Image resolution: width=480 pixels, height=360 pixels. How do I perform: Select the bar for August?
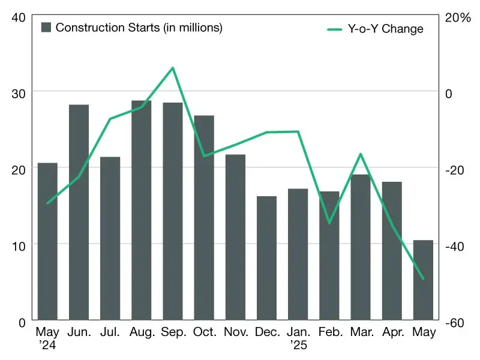click(x=141, y=210)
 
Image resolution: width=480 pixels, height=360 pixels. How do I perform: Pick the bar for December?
click(x=266, y=258)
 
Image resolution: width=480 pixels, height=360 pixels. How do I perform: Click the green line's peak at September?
click(x=173, y=68)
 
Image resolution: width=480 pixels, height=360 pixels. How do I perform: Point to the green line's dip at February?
click(x=329, y=223)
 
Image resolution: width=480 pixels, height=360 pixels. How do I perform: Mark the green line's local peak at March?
click(x=361, y=154)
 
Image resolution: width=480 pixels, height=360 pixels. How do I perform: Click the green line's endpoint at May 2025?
click(x=423, y=278)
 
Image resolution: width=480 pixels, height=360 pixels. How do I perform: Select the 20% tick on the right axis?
click(x=458, y=17)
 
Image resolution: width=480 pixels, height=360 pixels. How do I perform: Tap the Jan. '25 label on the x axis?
click(x=298, y=338)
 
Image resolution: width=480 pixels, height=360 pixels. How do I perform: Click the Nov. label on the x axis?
click(x=235, y=332)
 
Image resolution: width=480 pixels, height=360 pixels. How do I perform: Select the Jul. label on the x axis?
click(x=110, y=332)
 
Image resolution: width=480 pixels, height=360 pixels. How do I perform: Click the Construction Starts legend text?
click(x=139, y=28)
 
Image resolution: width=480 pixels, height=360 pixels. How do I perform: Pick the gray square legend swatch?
click(x=46, y=28)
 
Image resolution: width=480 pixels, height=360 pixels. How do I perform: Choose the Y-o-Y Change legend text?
click(x=386, y=29)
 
